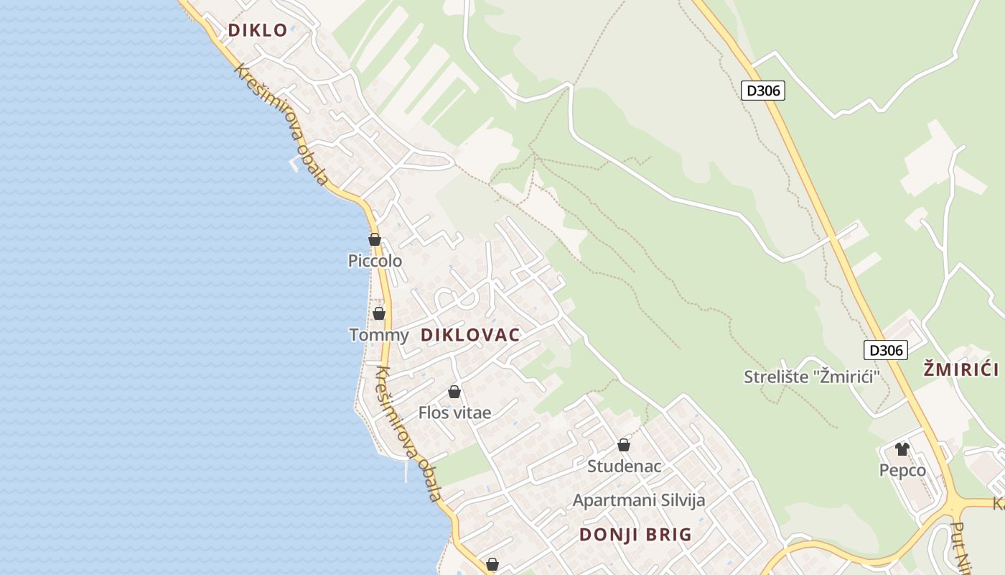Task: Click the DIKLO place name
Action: [258, 30]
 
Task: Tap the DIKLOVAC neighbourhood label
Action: [470, 335]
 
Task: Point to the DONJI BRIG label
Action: [635, 535]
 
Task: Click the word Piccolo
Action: [375, 261]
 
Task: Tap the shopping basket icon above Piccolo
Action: [375, 239]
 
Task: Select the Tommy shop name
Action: [378, 335]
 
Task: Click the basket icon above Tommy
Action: [379, 313]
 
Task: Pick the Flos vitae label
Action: [454, 413]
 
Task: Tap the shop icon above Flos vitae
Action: [454, 392]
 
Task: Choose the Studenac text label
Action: [624, 466]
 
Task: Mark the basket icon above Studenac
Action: [624, 445]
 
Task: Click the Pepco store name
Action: [902, 471]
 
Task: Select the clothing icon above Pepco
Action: [902, 449]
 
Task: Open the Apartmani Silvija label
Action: [638, 500]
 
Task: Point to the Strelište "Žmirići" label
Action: [811, 377]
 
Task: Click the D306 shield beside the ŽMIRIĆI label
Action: [885, 350]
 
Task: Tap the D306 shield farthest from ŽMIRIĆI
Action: [762, 91]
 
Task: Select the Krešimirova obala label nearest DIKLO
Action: [281, 125]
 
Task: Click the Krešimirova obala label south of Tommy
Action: [407, 433]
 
